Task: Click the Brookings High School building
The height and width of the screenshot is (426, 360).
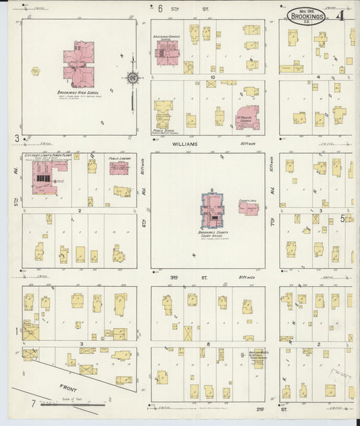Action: (x=79, y=64)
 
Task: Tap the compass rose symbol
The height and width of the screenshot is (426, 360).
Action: (x=133, y=78)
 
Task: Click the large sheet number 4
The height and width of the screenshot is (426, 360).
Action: (x=342, y=15)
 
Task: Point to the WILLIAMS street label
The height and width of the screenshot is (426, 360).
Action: (x=184, y=144)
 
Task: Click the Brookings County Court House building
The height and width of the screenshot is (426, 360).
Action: (x=211, y=211)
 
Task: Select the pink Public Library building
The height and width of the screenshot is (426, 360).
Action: (x=119, y=168)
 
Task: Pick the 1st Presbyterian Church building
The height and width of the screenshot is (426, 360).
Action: (x=247, y=116)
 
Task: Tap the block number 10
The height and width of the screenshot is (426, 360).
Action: (x=211, y=78)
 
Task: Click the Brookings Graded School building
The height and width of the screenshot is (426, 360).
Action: (x=166, y=52)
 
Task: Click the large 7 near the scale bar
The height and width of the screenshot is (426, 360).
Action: (x=31, y=404)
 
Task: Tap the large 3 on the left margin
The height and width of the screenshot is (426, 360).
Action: (x=16, y=138)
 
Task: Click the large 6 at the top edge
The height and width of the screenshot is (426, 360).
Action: (x=160, y=9)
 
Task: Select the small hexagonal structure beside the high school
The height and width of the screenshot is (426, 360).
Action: (x=36, y=71)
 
